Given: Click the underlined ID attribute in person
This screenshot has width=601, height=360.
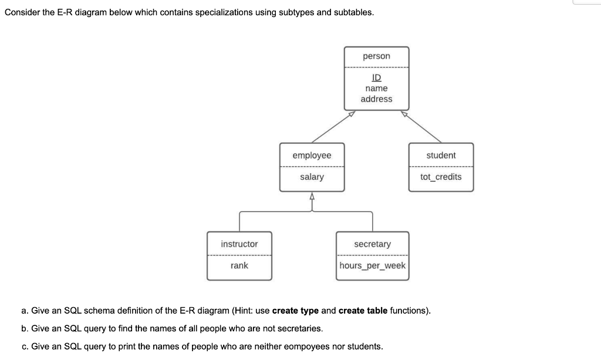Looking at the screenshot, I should [376, 78].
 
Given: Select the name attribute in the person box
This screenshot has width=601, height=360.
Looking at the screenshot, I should [376, 88].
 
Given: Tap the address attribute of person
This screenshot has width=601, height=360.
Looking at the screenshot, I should [376, 99].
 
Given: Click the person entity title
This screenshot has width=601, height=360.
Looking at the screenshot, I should [376, 56].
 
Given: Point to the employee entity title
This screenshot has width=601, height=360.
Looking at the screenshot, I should [312, 155].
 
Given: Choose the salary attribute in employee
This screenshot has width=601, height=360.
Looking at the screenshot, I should [312, 177].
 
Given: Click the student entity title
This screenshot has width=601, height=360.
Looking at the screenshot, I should [441, 155].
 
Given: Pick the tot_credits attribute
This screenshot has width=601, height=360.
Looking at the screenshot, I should [441, 177].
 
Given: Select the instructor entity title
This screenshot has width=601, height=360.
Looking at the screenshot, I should [239, 244].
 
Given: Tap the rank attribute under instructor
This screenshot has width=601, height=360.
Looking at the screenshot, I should [239, 265].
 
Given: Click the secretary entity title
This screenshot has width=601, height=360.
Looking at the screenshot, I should [372, 244].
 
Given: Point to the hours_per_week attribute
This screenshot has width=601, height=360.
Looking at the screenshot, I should [372, 265].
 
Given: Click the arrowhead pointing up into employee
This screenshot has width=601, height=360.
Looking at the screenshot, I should [312, 196].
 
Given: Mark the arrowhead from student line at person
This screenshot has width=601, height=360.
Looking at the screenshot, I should [404, 114].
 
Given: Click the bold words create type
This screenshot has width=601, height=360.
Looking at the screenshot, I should [295, 310].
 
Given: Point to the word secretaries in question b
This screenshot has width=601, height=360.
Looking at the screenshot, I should [298, 328].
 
